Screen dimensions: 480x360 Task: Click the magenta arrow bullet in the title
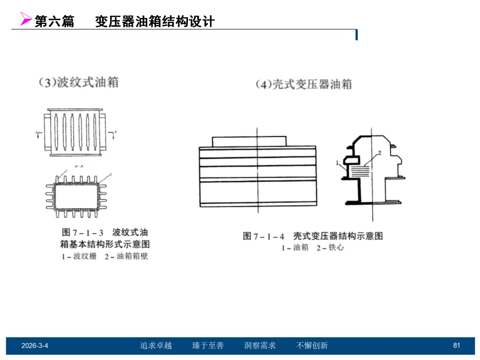tap(26, 19)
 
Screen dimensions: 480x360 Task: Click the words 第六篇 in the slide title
tap(54, 21)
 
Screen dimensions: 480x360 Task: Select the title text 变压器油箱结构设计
tap(155, 21)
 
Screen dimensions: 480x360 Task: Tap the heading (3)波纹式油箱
tap(78, 82)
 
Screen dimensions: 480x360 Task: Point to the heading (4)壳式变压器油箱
tap(304, 84)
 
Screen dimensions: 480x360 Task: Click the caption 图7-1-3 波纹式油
tap(104, 232)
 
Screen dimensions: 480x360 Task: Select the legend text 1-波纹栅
tap(79, 257)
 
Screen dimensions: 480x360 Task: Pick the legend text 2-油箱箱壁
tap(126, 257)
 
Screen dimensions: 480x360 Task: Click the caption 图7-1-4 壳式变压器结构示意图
tap(312, 236)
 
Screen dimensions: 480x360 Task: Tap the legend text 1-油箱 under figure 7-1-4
tap(295, 248)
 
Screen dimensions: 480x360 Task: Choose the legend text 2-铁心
tap(330, 248)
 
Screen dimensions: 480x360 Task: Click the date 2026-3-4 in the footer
tap(35, 346)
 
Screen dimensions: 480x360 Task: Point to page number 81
tap(456, 346)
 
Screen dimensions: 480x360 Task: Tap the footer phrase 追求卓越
tap(156, 346)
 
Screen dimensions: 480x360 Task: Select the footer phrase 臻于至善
tap(208, 346)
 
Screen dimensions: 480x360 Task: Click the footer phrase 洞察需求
tap(260, 346)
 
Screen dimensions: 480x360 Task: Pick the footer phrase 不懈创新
tap(312, 346)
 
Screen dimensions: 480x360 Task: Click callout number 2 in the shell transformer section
tap(380, 153)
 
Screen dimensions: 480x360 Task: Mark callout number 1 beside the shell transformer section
tap(338, 163)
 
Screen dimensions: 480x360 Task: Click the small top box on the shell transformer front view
tap(249, 141)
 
